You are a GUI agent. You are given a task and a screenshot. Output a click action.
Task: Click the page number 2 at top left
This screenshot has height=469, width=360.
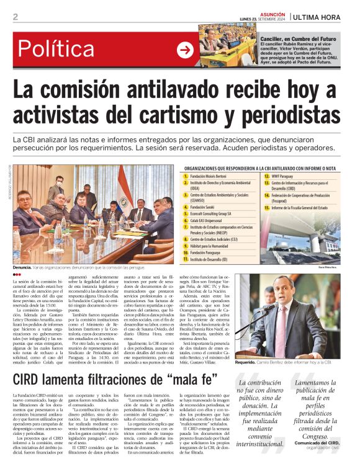[15, 17]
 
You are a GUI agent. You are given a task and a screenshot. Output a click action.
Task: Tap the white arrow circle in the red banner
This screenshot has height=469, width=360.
[185, 50]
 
